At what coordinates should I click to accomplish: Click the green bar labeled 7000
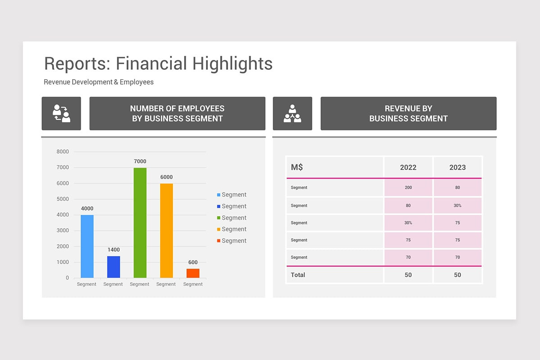140,223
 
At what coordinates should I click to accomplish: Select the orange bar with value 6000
166,230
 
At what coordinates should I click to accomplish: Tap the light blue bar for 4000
87,246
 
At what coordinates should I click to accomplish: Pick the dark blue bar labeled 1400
113,267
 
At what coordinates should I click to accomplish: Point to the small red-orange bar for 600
193,273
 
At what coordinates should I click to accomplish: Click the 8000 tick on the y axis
63,152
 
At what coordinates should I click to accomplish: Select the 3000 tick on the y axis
63,230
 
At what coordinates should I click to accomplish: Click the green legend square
219,218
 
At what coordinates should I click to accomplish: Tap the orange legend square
219,229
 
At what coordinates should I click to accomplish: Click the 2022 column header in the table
408,167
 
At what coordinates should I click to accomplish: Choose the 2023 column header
458,167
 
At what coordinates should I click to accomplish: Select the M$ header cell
297,167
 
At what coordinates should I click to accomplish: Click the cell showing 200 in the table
408,188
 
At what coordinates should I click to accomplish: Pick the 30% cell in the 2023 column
458,206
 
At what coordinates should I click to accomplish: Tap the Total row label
298,275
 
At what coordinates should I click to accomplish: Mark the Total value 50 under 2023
458,275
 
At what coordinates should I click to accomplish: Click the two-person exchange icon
62,113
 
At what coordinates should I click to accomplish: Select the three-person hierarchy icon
292,113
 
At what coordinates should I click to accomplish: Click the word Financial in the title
152,64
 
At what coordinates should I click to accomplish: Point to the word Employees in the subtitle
137,82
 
